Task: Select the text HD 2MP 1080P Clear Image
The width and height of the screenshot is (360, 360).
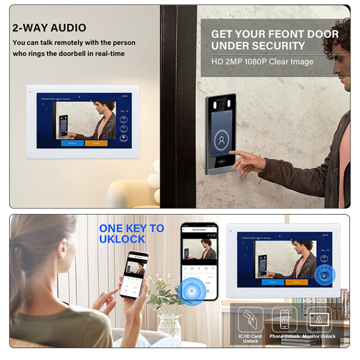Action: coord(262,61)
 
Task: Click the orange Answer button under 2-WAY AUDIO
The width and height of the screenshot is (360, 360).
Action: coord(96,143)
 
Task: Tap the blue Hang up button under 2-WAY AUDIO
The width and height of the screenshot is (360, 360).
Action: coord(72,143)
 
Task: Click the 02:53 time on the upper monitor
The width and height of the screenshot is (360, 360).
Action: coord(125,96)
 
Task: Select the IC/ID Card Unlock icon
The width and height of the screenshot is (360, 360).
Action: coord(250,320)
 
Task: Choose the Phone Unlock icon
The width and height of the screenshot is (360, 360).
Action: coord(285,320)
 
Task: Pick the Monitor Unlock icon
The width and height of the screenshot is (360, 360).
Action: coord(319,320)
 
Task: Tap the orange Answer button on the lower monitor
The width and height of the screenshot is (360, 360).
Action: coord(296,282)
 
